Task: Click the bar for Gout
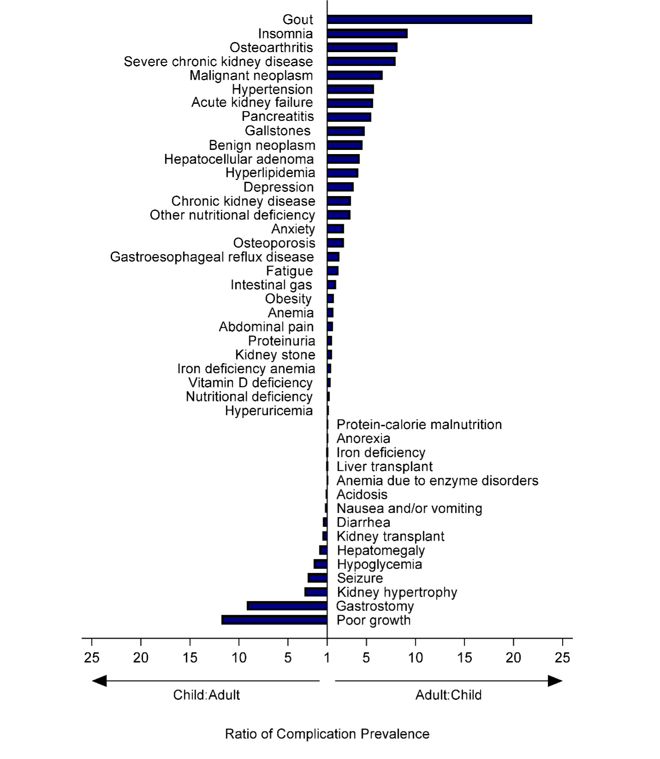(x=429, y=19)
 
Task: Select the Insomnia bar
(x=367, y=34)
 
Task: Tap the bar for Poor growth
(x=274, y=620)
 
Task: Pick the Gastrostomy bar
(x=287, y=606)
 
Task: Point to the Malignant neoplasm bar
(x=354, y=75)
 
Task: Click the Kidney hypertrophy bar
(x=316, y=592)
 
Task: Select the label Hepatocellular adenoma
(x=239, y=159)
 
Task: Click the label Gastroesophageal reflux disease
(x=212, y=257)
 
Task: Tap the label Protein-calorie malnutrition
(x=419, y=424)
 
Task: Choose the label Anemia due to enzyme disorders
(x=437, y=480)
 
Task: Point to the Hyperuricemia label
(x=269, y=411)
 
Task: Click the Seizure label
(x=360, y=578)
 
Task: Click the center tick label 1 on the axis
(x=327, y=657)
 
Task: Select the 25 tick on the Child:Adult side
(x=92, y=657)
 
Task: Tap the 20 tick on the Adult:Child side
(x=513, y=657)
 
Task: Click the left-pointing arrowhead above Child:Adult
(x=99, y=681)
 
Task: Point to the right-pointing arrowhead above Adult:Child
(x=555, y=681)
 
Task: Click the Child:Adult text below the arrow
(x=206, y=695)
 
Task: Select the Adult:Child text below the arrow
(x=448, y=695)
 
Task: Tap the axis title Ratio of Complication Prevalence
(x=327, y=734)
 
